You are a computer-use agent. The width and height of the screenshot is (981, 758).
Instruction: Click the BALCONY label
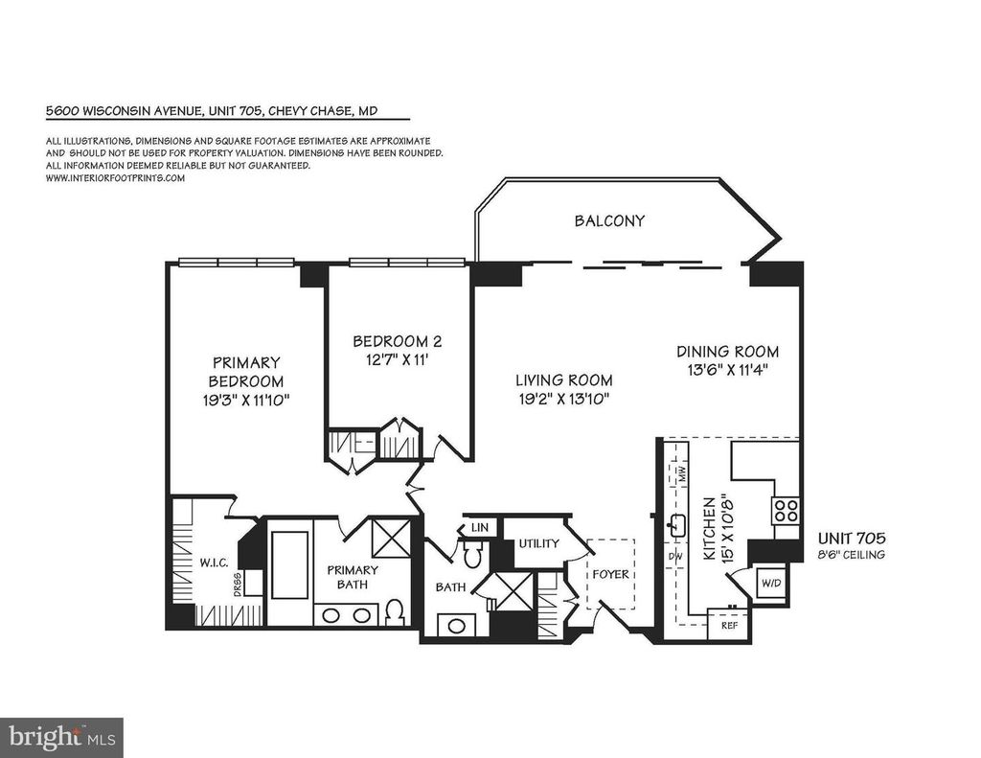[609, 221]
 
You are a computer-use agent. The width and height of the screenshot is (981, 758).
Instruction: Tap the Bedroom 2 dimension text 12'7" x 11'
[398, 360]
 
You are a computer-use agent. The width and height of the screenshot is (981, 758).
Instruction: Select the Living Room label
[564, 379]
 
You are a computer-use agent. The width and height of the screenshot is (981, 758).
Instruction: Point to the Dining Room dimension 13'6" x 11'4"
[728, 369]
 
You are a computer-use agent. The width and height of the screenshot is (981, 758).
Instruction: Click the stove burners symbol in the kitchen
[786, 510]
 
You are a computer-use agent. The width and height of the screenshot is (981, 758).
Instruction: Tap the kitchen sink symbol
[676, 525]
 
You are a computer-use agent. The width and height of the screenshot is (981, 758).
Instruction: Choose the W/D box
[771, 583]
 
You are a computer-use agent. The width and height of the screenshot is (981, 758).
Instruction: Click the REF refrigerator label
[729, 625]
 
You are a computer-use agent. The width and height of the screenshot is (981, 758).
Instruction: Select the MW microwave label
[682, 473]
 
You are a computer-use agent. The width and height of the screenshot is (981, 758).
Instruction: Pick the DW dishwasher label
[675, 556]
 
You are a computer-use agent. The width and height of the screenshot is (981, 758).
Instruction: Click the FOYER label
[610, 574]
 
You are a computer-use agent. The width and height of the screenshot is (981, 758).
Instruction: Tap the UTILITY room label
[538, 543]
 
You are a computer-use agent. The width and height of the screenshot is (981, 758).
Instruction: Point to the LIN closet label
[480, 528]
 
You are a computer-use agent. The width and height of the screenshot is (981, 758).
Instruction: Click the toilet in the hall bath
[473, 553]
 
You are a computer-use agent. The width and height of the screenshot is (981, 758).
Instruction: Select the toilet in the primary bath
[394, 612]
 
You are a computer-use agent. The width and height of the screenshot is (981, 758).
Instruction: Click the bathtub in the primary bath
[288, 565]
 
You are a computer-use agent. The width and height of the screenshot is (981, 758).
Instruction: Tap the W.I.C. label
[214, 563]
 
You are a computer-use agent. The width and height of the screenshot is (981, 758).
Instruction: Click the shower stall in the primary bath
[391, 537]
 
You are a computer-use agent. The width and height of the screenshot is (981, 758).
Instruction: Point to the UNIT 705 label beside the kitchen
[852, 538]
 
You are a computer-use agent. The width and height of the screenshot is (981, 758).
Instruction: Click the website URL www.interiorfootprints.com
[115, 178]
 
